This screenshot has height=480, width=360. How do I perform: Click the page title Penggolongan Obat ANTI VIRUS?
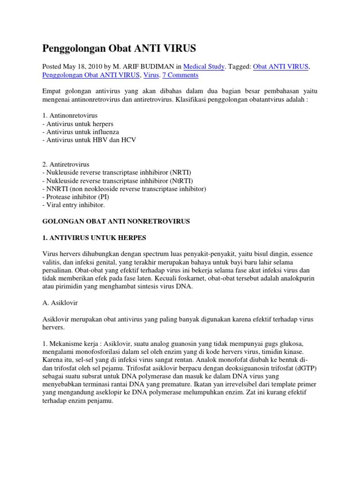pyautogui.click(x=120, y=48)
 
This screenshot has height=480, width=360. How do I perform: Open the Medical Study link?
pyautogui.click(x=204, y=67)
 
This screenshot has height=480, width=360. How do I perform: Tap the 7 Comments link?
pyautogui.click(x=180, y=75)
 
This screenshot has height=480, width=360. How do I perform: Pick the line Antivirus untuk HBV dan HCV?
pyautogui.click(x=89, y=140)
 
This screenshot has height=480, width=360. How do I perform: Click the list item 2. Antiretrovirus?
pyautogui.click(x=66, y=165)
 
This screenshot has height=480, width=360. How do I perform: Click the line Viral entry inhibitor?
pyautogui.click(x=74, y=205)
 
